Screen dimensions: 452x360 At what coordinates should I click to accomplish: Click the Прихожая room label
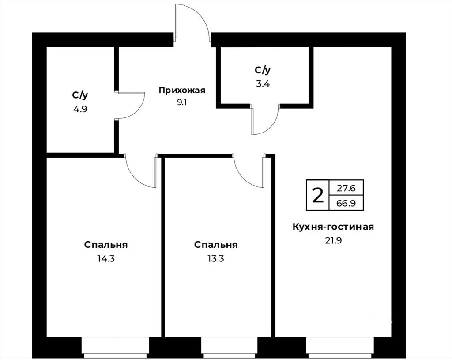[182, 91]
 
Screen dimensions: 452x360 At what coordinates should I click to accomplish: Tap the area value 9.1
[182, 102]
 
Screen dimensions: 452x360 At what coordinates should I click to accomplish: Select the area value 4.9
[80, 109]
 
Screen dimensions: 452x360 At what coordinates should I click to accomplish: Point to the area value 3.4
[263, 84]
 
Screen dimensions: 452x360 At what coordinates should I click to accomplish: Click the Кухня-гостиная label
[333, 227]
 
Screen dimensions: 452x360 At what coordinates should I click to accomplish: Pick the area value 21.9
[333, 240]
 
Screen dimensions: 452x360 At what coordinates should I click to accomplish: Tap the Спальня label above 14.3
[106, 245]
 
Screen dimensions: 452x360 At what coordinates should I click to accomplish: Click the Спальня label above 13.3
[215, 245]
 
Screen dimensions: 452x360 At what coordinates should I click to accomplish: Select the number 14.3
[106, 258]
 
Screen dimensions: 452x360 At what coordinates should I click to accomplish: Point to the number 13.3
[215, 258]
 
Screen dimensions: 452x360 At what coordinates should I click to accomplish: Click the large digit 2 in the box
[318, 195]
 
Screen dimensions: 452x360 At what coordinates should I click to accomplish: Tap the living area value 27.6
[346, 188]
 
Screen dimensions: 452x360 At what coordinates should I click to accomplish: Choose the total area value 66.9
[346, 203]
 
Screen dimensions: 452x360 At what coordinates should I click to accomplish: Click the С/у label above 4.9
[80, 95]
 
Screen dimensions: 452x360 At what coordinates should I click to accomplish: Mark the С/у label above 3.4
[263, 70]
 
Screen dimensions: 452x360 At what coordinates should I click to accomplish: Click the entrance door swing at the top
[203, 18]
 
